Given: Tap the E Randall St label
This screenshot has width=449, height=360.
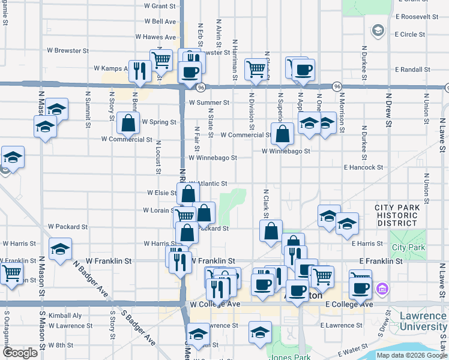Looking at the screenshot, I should pos(412,70).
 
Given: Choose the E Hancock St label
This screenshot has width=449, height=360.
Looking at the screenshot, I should pos(363,167).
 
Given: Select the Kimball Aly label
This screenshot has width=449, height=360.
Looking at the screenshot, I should pos(61,315).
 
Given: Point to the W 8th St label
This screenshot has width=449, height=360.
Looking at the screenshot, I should pos(61,345).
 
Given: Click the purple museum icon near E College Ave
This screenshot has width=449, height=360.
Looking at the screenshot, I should pos(381,290).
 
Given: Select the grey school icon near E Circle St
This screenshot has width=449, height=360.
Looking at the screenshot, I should pos(378,29).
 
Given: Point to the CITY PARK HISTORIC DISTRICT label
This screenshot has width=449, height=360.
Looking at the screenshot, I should pos(396,215).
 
